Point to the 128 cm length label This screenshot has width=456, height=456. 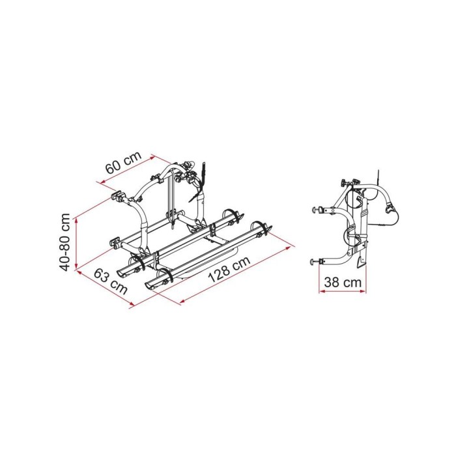pos(228,270)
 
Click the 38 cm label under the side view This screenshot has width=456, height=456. pos(343,282)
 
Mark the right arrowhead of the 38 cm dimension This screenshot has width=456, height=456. pos(365,291)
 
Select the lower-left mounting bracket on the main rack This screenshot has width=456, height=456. pos(116,242)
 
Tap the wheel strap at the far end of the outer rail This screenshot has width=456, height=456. pos(262,229)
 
